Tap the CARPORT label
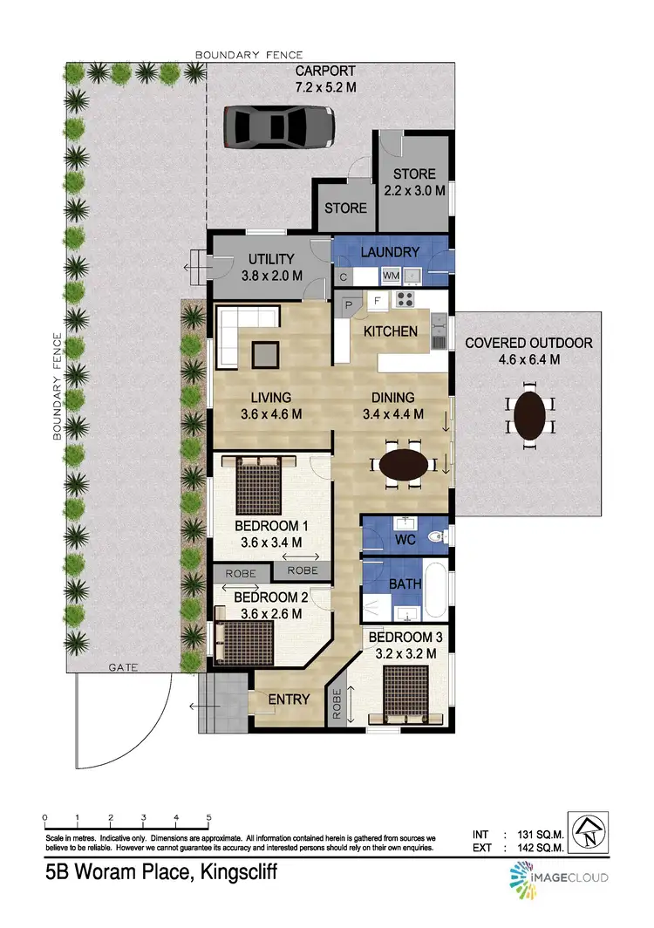pos(325,71)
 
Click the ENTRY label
pos(289,699)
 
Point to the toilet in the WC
pos(438,536)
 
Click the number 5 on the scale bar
pos(208,817)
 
